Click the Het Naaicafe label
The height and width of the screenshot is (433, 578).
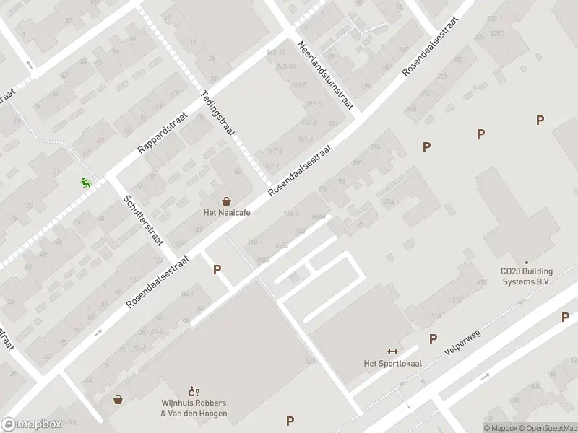click(227, 214)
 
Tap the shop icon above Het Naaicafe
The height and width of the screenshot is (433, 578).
click(227, 201)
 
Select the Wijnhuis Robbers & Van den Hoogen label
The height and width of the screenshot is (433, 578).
click(194, 408)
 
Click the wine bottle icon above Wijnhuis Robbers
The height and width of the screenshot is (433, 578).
click(193, 390)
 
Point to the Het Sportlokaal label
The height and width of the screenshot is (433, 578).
click(392, 363)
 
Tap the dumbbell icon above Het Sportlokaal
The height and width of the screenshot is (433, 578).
click(392, 351)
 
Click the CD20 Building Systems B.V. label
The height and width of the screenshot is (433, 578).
click(526, 277)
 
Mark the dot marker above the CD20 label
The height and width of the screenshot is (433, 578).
click(527, 263)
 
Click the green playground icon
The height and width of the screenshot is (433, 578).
click(85, 183)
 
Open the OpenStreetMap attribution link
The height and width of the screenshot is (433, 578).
click(545, 427)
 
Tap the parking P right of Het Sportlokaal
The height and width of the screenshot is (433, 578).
click(433, 338)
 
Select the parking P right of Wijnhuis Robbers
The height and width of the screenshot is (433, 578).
click(290, 421)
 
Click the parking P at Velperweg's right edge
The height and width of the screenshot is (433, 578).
click(566, 317)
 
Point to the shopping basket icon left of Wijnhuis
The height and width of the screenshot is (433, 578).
click(118, 399)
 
